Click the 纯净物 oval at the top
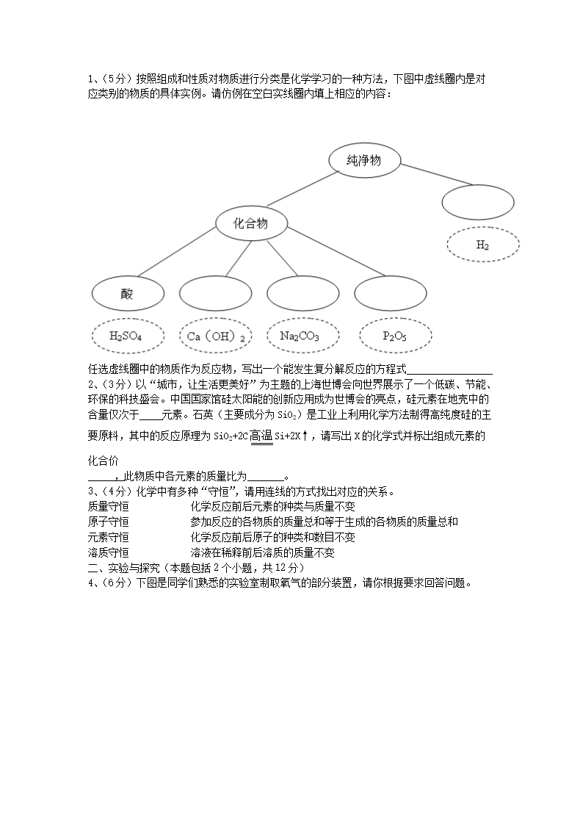click(x=364, y=161)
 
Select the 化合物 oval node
click(x=250, y=224)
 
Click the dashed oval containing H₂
click(x=482, y=245)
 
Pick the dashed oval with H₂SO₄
click(x=126, y=336)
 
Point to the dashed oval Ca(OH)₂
click(x=215, y=336)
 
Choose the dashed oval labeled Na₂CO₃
click(x=300, y=336)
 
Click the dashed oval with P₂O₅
click(x=395, y=336)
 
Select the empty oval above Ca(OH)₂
click(x=215, y=294)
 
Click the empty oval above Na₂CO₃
click(x=302, y=294)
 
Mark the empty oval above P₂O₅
click(x=390, y=294)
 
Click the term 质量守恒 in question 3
click(x=108, y=506)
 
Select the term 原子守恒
click(x=108, y=522)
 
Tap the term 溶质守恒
click(x=108, y=552)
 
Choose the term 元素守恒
click(x=108, y=537)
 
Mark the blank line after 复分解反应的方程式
click(x=449, y=369)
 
